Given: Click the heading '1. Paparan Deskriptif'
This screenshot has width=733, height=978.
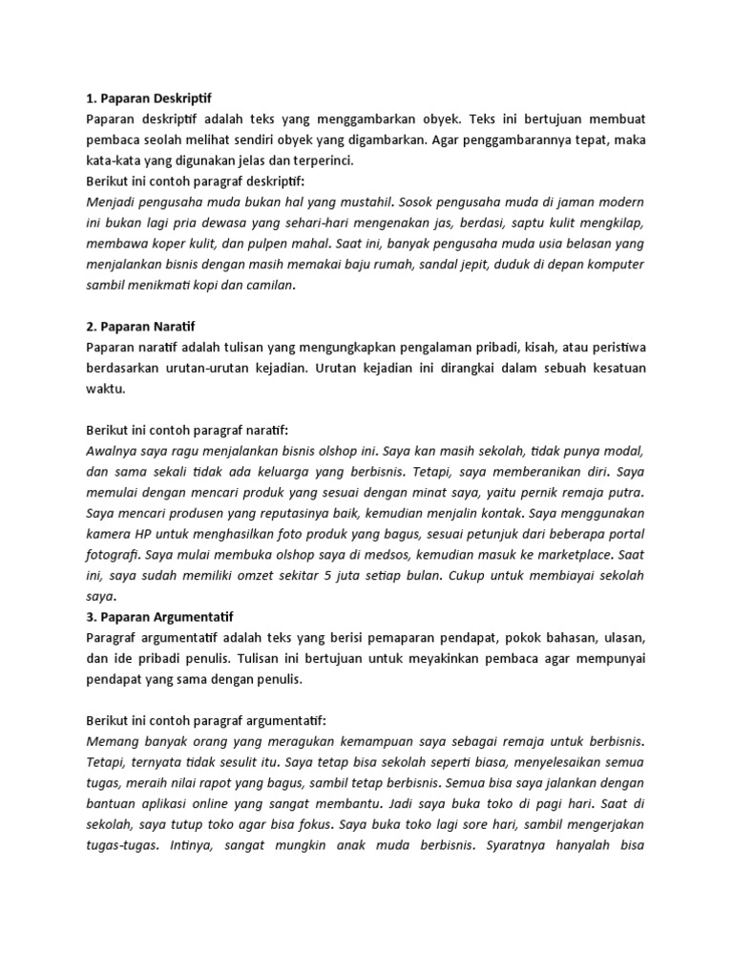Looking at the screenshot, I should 148,98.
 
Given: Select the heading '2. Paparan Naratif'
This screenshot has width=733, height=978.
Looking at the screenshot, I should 140,327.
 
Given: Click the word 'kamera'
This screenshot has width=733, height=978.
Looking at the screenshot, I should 110,534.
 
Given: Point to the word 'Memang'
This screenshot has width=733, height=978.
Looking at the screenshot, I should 114,741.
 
